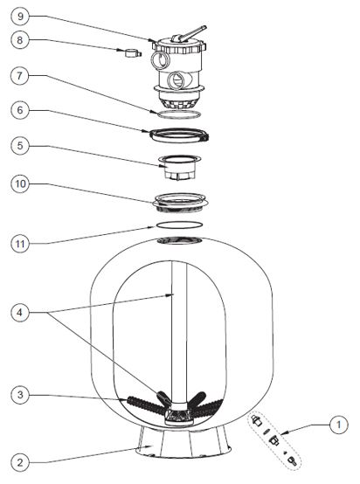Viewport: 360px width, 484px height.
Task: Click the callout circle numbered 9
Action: click(x=20, y=16)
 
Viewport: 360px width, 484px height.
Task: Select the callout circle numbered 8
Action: click(x=20, y=40)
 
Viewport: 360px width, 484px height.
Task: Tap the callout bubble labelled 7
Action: click(x=20, y=75)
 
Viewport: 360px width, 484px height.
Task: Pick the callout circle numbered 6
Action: click(x=20, y=110)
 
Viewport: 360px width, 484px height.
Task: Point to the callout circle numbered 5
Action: click(x=20, y=146)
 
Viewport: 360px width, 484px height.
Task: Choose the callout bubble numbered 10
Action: click(x=20, y=184)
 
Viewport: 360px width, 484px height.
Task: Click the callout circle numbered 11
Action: click(x=20, y=244)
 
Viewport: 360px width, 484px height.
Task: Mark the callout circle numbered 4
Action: click(x=20, y=313)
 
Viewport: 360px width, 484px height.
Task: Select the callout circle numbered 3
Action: click(x=20, y=395)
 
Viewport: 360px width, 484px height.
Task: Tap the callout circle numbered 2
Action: click(x=20, y=462)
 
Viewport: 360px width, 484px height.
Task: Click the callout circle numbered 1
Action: click(x=339, y=425)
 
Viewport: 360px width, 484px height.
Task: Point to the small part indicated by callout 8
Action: click(x=133, y=53)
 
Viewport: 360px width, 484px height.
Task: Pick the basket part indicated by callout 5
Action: click(x=179, y=167)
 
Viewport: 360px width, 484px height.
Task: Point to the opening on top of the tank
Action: click(x=179, y=240)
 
